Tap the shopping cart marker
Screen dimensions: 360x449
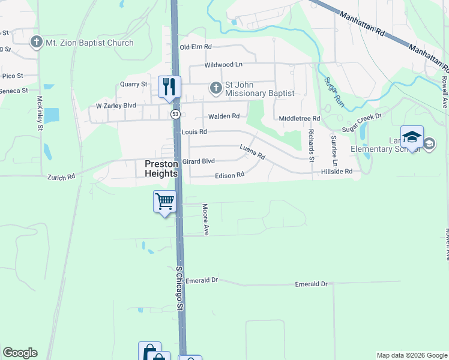(x=164, y=201)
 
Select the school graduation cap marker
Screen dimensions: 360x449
(x=412, y=137)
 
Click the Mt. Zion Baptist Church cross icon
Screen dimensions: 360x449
(x=37, y=43)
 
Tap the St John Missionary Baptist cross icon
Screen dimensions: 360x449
(x=215, y=89)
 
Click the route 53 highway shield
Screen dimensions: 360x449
(x=175, y=113)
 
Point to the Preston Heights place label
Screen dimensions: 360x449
(x=161, y=168)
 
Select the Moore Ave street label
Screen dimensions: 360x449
(x=205, y=219)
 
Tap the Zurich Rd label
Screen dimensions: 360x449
(x=61, y=177)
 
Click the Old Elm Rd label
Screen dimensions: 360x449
(x=196, y=47)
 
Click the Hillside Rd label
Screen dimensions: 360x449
(x=336, y=172)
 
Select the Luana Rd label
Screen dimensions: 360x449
(x=252, y=151)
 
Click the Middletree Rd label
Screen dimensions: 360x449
(x=300, y=119)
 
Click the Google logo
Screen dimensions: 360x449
(x=20, y=353)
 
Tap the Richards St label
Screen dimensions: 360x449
(x=311, y=145)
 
